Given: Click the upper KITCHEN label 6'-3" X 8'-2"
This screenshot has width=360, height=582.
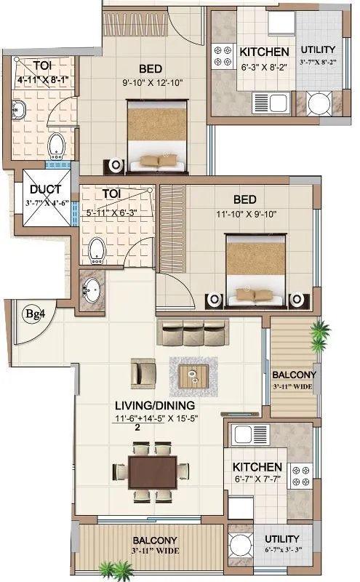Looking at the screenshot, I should tap(264, 52).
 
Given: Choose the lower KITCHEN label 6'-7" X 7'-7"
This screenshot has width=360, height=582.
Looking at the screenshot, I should tap(257, 466).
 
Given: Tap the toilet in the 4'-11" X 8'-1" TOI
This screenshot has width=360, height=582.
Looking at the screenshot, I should tap(55, 146).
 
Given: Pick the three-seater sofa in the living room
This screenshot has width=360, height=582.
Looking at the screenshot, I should tap(191, 332).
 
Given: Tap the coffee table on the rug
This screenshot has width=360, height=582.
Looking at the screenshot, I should tap(194, 376).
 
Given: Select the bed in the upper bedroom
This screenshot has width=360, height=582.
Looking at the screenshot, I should tap(157, 135).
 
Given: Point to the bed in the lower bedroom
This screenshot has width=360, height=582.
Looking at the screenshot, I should tap(255, 270).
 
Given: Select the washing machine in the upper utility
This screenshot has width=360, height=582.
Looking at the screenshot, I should tap(319, 103).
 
